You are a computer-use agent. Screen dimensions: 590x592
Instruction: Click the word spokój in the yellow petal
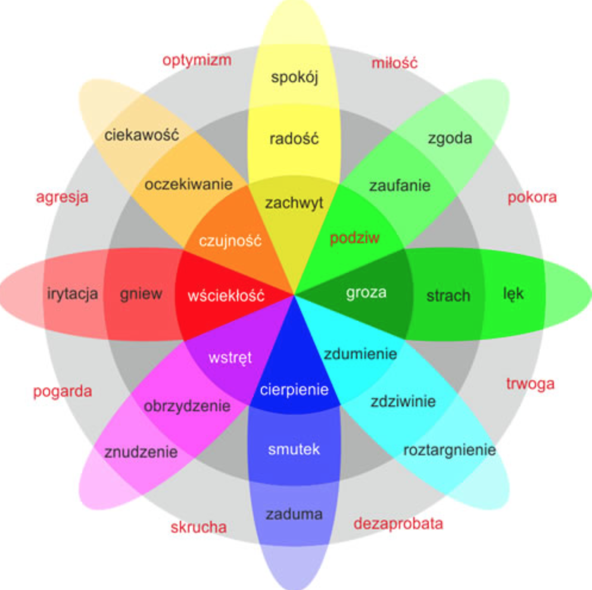(295, 77)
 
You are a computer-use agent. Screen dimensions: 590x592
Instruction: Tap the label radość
(294, 139)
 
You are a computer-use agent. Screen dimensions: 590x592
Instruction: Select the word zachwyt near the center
(294, 203)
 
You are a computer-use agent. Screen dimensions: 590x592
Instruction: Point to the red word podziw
(355, 238)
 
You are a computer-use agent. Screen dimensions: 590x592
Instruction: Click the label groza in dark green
(366, 293)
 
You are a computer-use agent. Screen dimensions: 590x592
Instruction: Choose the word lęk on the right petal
(513, 294)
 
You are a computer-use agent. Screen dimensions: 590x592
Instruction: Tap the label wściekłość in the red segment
(226, 296)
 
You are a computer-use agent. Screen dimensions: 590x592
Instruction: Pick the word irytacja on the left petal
(72, 294)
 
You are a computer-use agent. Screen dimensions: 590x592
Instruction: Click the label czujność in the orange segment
(222, 242)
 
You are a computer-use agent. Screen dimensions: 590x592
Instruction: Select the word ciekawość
(142, 135)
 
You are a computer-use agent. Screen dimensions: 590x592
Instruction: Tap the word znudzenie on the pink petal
(141, 452)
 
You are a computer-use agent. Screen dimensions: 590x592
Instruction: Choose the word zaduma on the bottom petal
(294, 514)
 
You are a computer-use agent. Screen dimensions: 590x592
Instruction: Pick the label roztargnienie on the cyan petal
(450, 449)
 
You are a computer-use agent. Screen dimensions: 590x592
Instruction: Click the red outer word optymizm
(197, 60)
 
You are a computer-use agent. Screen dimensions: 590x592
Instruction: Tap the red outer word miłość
(395, 63)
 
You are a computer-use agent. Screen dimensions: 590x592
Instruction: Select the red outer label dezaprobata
(398, 524)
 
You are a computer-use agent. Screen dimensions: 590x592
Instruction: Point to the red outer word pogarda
(63, 392)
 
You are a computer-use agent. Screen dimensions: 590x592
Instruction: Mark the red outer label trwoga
(530, 384)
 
